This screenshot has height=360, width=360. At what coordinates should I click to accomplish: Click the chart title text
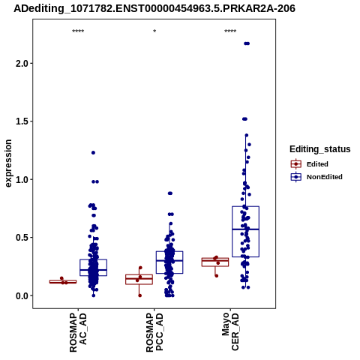click(154, 8)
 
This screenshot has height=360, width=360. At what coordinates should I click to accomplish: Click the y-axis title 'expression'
click(8, 163)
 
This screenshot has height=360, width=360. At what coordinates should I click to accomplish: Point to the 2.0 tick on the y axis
click(22, 64)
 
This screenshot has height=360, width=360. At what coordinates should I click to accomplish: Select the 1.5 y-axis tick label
click(22, 121)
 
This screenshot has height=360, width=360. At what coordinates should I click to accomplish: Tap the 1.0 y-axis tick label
click(22, 179)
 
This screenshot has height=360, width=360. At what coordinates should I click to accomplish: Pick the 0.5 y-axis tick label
click(22, 238)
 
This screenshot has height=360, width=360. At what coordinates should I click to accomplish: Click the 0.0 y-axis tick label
click(22, 295)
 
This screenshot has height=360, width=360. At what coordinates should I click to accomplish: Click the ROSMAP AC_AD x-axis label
click(78, 332)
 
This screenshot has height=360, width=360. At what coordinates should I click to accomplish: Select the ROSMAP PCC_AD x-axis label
click(154, 332)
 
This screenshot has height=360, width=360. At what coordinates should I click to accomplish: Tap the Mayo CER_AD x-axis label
click(230, 331)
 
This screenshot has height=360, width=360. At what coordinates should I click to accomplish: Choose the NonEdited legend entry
click(316, 177)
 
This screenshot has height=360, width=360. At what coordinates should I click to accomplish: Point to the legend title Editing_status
click(320, 149)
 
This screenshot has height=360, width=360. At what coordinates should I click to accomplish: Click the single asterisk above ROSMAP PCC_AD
click(154, 31)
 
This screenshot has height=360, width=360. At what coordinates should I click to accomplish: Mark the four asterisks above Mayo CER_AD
click(230, 31)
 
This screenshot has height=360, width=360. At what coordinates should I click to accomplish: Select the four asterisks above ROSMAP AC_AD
click(78, 31)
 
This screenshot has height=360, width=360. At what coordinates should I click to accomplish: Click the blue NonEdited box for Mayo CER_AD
click(245, 206)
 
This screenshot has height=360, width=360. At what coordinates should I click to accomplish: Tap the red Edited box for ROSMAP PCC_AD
click(139, 274)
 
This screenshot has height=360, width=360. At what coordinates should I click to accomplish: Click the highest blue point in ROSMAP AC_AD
click(93, 153)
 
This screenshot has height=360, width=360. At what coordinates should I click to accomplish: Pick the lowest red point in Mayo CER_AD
click(217, 276)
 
